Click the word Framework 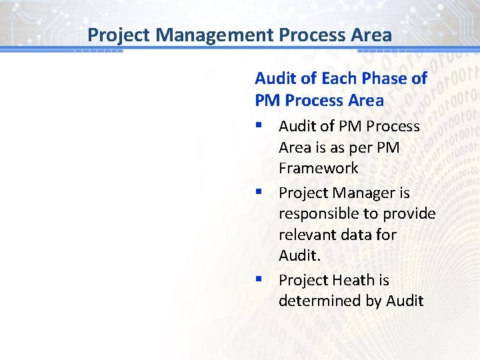(319, 168)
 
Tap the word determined (319, 301)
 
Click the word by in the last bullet (373, 301)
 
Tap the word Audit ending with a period (299, 255)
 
